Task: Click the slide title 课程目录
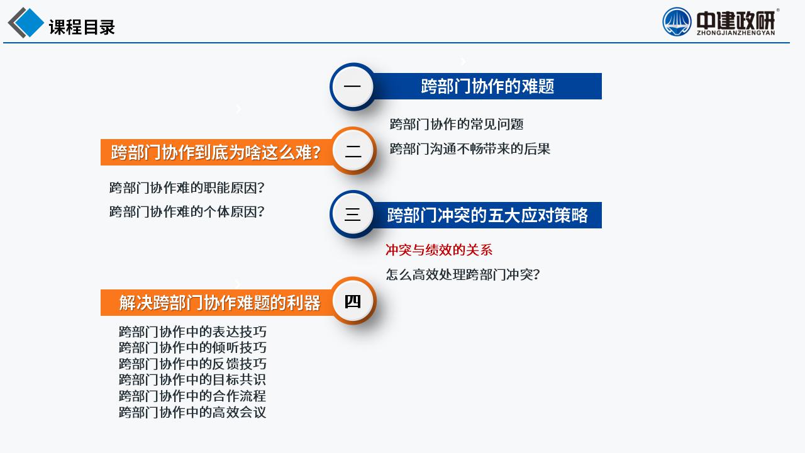pos(82,27)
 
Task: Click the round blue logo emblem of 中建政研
pos(677,22)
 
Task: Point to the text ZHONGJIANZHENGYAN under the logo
pos(736,33)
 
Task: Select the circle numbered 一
pos(353,86)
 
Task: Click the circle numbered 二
pos(353,150)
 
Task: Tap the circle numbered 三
pos(353,215)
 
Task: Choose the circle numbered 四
pos(353,301)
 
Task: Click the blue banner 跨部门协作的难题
pos(487,86)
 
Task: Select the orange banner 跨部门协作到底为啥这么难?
pos(216,152)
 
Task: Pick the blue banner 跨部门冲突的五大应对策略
pos(487,215)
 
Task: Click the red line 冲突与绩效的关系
pos(439,250)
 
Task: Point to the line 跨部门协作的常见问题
pos(457,125)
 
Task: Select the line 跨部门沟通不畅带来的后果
pos(470,149)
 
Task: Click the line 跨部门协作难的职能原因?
pos(187,187)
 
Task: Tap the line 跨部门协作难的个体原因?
pos(187,212)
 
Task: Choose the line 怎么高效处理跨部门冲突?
pos(463,275)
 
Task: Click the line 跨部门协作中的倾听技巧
pos(192,348)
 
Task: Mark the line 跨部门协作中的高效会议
pos(192,412)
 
